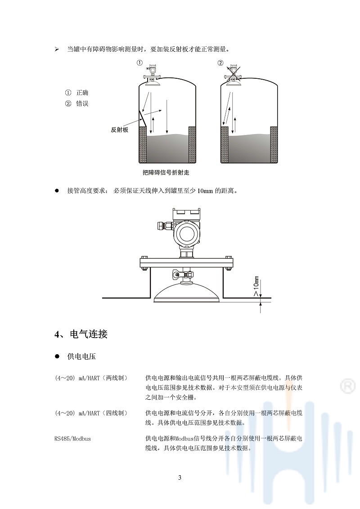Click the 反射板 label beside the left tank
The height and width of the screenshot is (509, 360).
119,130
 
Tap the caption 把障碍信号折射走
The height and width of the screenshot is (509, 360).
166,172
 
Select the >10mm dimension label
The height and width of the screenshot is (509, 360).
256,286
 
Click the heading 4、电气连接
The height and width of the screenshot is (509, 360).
81,334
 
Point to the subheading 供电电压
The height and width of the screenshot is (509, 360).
81,356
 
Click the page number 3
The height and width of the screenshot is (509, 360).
180,477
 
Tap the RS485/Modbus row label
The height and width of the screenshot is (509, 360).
73,438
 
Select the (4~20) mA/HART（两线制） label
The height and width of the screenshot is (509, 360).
91,378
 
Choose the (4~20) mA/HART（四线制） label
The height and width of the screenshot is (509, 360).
91,413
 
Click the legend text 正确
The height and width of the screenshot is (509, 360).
82,93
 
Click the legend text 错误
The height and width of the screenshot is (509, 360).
82,104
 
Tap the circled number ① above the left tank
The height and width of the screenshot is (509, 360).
139,63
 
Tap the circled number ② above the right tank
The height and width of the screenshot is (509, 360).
221,63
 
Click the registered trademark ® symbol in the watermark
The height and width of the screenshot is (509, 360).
347,386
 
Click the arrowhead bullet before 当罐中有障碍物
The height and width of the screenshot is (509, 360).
57,50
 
